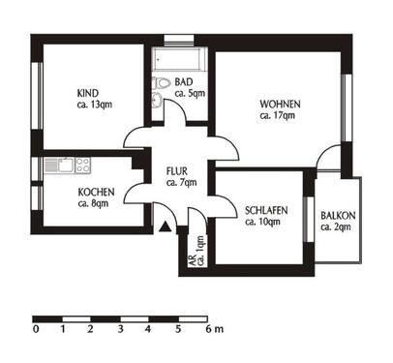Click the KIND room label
pyautogui.click(x=87, y=94)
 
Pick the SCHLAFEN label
pyautogui.click(x=262, y=210)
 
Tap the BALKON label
pyautogui.click(x=339, y=214)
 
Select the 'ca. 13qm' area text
pyautogui.click(x=87, y=106)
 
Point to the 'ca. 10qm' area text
pyautogui.click(x=262, y=222)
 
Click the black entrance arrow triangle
pyautogui.click(x=166, y=227)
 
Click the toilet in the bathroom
pyautogui.click(x=162, y=85)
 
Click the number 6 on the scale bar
pyautogui.click(x=205, y=330)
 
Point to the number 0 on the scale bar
pyautogui.click(x=35, y=330)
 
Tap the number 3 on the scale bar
pyautogui.click(x=121, y=330)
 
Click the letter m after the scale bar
pyautogui.click(x=218, y=330)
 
